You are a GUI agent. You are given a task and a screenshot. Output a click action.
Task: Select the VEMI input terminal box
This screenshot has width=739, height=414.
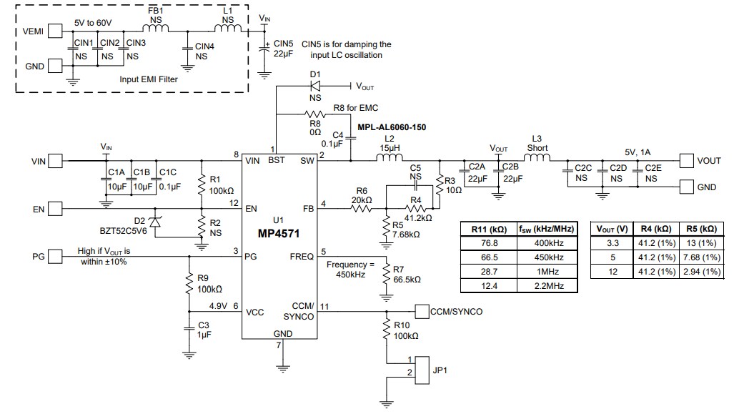(56, 31)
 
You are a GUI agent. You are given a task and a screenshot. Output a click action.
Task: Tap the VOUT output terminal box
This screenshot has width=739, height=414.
(686, 161)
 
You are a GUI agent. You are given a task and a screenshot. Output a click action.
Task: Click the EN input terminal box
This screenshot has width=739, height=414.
(56, 210)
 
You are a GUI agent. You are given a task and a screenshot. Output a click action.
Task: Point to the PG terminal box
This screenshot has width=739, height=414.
(56, 255)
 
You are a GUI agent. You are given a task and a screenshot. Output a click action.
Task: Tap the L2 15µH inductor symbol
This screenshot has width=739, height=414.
(390, 159)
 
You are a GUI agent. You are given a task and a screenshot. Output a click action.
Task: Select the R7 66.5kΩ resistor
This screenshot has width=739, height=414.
(386, 275)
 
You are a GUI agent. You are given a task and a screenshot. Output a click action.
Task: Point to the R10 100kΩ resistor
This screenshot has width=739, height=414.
(387, 331)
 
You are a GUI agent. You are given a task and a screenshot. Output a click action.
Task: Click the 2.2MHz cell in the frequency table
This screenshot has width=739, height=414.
(547, 286)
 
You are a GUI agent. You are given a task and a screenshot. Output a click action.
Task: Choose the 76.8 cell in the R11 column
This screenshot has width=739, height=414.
(489, 243)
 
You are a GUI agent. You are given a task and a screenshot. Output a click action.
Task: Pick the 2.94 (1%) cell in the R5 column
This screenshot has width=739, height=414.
(700, 272)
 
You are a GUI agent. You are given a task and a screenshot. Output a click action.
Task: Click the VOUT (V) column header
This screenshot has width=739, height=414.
(612, 229)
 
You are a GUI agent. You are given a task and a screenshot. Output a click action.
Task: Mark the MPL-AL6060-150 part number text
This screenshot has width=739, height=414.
(392, 127)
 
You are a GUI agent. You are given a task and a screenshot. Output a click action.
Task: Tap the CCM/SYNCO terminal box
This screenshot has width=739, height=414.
(422, 312)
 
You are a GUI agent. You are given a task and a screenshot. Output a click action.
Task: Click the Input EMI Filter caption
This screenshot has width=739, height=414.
(149, 79)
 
